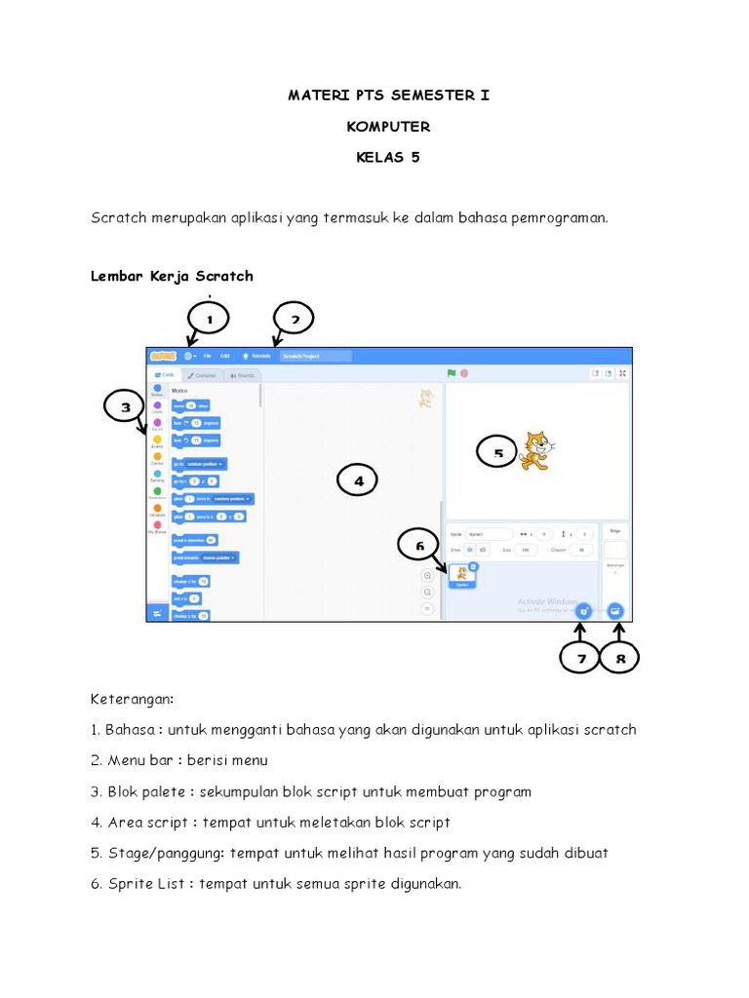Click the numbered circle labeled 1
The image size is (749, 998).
(209, 318)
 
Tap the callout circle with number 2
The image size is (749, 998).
(295, 318)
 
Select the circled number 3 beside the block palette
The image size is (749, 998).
(126, 410)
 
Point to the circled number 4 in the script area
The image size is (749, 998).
(358, 480)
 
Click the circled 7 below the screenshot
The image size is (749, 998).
(582, 659)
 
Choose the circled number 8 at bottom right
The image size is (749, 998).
(620, 659)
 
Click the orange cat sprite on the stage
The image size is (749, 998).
(534, 450)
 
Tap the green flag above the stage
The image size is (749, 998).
(452, 373)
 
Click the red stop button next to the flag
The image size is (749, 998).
(464, 373)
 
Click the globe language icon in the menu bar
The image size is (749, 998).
(187, 356)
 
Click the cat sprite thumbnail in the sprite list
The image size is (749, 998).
(461, 576)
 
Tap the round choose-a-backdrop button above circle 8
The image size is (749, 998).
(614, 610)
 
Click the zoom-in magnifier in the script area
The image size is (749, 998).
(427, 576)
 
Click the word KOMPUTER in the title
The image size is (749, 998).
(388, 127)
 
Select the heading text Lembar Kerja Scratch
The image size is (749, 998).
(172, 276)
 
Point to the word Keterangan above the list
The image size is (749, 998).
(132, 699)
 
